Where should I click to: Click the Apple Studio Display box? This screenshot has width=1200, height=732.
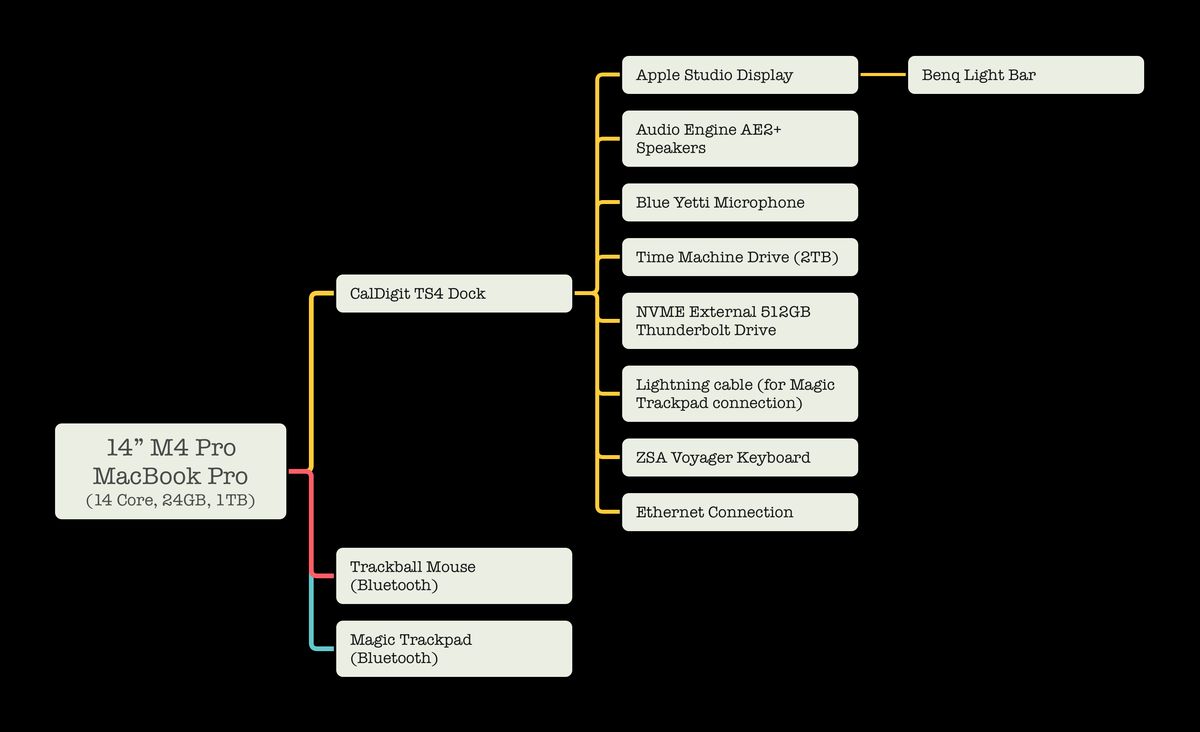739,75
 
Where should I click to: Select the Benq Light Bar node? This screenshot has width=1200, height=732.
1025,75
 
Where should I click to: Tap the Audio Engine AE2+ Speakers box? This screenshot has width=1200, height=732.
739,138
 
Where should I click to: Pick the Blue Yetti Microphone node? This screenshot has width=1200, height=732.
739,202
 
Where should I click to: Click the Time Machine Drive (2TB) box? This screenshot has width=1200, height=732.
739,257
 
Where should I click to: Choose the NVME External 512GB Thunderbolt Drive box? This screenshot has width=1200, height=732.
739,321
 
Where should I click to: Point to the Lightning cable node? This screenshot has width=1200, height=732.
739,394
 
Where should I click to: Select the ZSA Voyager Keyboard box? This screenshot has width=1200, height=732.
739,457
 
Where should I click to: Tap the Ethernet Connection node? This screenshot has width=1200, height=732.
739,512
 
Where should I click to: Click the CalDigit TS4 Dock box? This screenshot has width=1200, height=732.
453,294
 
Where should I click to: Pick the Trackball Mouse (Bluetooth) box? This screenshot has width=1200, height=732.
453,576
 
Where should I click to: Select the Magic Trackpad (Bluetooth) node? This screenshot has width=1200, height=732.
453,649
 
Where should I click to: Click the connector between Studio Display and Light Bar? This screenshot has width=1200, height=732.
883,75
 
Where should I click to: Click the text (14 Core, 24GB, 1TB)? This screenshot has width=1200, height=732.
171,500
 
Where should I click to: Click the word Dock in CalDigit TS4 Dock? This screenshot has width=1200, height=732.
467,294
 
